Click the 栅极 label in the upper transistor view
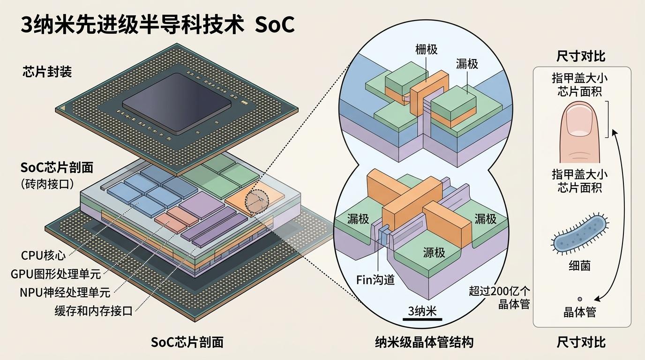(x=427, y=50)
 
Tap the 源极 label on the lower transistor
(x=434, y=253)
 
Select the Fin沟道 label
(x=375, y=280)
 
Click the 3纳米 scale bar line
(x=422, y=319)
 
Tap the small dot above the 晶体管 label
(x=580, y=299)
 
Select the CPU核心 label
(x=43, y=255)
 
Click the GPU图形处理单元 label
(x=56, y=274)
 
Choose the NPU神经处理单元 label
(x=65, y=292)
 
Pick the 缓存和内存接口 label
(x=94, y=311)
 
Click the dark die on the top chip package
(x=177, y=103)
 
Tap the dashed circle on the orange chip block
(x=257, y=201)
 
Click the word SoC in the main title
(x=274, y=25)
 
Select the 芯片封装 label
(x=47, y=72)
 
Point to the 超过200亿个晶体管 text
(x=499, y=298)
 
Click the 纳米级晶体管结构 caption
(x=424, y=343)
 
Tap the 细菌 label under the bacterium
(x=580, y=265)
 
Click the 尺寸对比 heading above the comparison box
(x=581, y=56)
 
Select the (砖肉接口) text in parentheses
(x=47, y=184)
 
